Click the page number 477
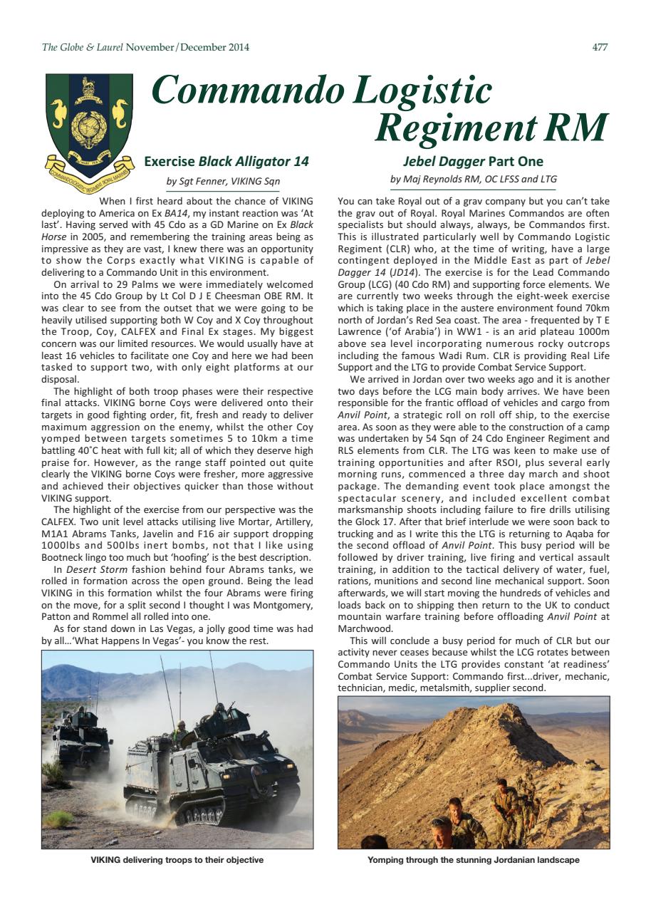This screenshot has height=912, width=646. click(x=600, y=48)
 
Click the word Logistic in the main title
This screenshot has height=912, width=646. click(x=417, y=91)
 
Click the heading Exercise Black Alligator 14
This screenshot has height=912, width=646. click(x=226, y=161)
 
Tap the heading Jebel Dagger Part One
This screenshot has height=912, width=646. click(x=473, y=161)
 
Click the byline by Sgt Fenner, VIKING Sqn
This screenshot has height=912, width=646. click(x=223, y=180)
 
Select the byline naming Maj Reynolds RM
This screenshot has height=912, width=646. click(x=473, y=179)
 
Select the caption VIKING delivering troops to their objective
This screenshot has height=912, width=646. click(x=177, y=860)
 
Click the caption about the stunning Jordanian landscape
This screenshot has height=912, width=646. click(x=473, y=860)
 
